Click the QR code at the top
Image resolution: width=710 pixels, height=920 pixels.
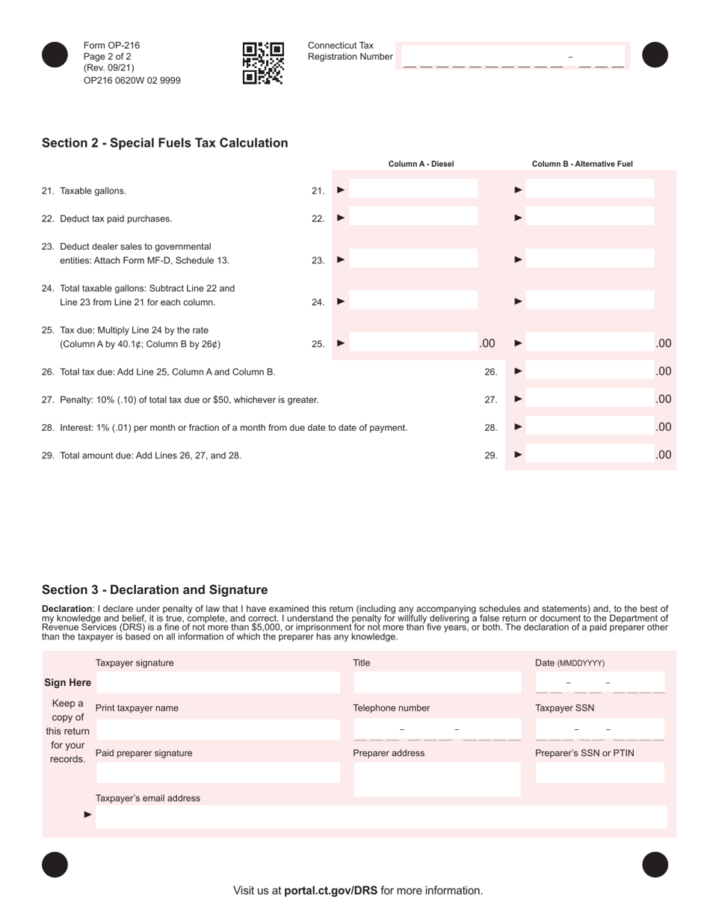coord(263,63)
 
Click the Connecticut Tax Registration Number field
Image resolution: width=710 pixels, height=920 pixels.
coord(513,57)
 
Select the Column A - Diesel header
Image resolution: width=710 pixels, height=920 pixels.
coord(421,164)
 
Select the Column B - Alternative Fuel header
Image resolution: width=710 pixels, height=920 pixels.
coord(582,164)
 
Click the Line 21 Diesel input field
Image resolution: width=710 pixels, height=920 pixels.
coord(413,190)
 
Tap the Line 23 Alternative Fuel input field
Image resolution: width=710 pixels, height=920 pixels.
coord(590,260)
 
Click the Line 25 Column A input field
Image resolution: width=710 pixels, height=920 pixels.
coord(413,343)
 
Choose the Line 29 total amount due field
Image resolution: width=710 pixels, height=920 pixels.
coord(590,454)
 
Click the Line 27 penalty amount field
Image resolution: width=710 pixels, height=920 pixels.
coord(590,399)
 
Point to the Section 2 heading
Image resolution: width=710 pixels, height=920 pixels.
coord(164,143)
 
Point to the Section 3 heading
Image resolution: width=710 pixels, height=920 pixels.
coord(154,590)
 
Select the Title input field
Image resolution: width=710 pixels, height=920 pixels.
coord(436,682)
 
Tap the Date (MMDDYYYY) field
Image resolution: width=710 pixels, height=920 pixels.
coord(599,683)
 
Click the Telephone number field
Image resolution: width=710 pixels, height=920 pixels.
coord(436,729)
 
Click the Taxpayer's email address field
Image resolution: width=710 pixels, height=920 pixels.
coord(381,817)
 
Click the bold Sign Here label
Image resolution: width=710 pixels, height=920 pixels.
coord(67,682)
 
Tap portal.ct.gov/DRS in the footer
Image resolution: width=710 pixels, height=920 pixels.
coord(330,890)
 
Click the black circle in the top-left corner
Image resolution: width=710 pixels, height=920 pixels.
coord(55,55)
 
